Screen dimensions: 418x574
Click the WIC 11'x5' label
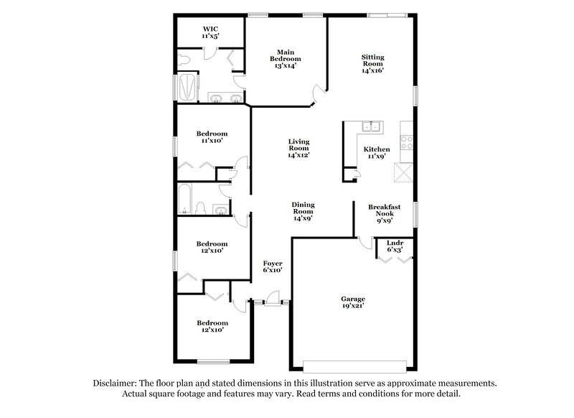[210, 31]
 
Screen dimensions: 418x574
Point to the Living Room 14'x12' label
[298, 148]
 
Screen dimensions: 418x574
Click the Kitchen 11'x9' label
[378, 152]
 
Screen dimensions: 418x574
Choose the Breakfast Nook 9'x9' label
[384, 214]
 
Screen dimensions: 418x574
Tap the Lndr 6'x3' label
[395, 246]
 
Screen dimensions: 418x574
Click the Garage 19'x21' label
[353, 302]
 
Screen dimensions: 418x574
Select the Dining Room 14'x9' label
[303, 212]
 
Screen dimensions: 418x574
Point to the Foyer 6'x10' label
[272, 266]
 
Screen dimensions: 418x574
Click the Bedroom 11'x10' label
[212, 137]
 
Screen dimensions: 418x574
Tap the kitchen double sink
[372, 128]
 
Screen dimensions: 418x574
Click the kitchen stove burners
[407, 141]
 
